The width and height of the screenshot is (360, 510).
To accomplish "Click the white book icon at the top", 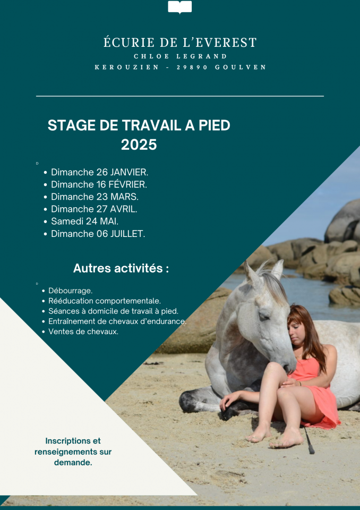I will (x=179, y=7).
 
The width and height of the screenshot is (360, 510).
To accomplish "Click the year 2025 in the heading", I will (x=139, y=144).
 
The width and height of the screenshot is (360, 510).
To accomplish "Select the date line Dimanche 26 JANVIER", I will (x=99, y=172).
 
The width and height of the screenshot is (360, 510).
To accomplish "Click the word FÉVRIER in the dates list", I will (x=127, y=184).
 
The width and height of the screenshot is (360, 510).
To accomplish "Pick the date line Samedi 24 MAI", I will (x=84, y=221).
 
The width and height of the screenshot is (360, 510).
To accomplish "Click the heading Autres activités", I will (x=121, y=268).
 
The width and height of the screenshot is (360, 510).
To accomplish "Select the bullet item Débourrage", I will (x=70, y=291).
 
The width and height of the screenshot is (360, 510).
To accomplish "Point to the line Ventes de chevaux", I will (x=83, y=331).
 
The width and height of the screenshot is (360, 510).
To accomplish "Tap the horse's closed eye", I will (x=263, y=316).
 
